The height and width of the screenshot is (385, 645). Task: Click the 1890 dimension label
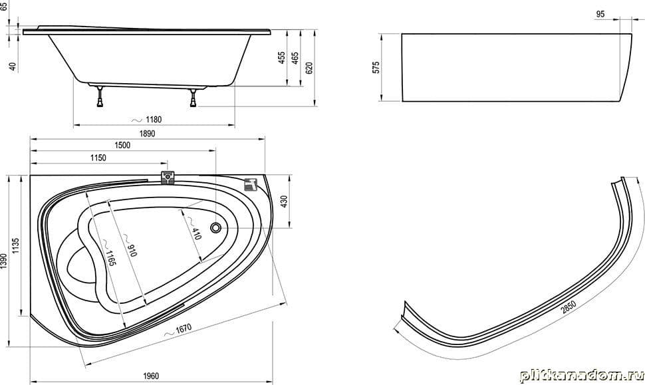point(147,134)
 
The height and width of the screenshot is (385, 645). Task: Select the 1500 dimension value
point(122,145)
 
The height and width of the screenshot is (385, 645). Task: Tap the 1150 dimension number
point(98,158)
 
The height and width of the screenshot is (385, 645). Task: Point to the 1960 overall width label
point(151,376)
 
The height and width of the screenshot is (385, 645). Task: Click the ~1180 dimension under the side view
point(147,120)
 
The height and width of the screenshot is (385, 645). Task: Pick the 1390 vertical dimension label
point(4,261)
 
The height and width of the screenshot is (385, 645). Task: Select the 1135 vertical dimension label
point(16,245)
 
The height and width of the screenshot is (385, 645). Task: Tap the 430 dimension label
point(284,201)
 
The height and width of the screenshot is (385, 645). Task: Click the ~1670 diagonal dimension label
point(178,330)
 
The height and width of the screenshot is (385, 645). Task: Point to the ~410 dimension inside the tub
point(194,228)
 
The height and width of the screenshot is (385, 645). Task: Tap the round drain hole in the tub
point(216,227)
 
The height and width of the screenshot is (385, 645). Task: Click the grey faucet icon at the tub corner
point(251,184)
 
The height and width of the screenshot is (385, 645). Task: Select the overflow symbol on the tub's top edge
point(168,178)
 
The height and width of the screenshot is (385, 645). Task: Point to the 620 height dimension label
point(309,68)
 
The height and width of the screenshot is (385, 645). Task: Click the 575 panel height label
point(376,67)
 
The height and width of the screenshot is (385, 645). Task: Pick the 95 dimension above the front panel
point(600,14)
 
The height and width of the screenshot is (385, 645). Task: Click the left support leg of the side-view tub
point(100,96)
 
